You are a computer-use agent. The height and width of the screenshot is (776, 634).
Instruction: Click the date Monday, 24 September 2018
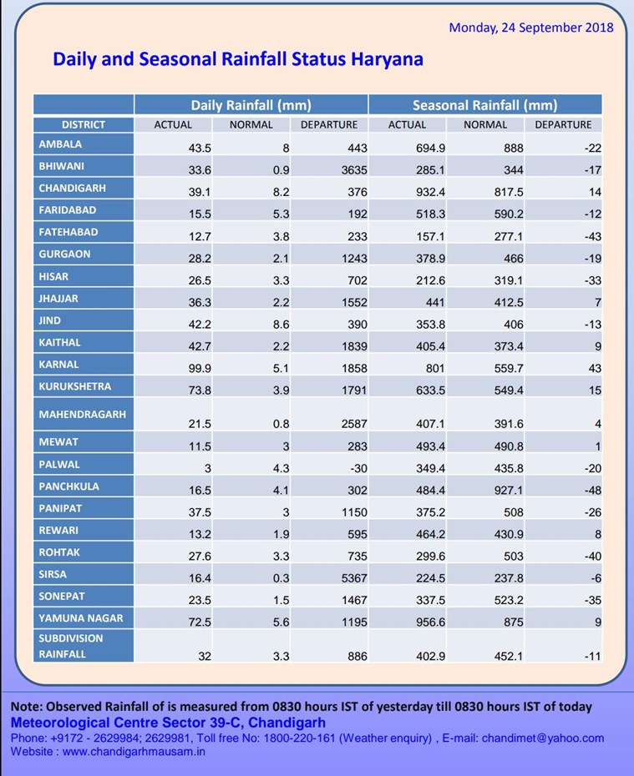click(531, 28)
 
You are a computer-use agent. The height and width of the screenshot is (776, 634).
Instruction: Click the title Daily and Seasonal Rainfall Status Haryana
click(238, 59)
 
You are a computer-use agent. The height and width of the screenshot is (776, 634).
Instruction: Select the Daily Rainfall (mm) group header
click(251, 105)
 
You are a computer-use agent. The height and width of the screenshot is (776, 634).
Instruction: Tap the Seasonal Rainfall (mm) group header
click(485, 105)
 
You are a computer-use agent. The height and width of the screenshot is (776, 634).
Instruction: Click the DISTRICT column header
click(84, 124)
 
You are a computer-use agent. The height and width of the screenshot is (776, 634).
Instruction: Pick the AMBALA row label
click(60, 144)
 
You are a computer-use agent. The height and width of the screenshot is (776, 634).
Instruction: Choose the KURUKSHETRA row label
click(75, 386)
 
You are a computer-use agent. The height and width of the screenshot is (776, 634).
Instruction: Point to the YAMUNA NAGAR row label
click(81, 618)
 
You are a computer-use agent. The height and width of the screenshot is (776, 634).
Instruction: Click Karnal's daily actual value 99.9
click(200, 368)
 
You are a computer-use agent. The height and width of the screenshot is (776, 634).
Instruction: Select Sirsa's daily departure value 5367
click(355, 578)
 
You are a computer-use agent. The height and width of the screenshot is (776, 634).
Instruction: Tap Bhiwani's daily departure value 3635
click(355, 169)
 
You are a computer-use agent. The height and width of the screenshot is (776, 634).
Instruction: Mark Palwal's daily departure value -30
click(358, 468)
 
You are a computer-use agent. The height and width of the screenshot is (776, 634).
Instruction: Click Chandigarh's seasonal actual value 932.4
click(430, 192)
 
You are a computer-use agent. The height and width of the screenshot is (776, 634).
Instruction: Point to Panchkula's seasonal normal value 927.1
click(509, 490)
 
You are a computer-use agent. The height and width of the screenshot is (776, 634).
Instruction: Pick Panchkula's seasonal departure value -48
click(593, 490)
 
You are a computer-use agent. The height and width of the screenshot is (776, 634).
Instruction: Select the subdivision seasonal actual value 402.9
click(430, 656)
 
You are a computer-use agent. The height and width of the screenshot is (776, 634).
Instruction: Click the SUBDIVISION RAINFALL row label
click(71, 646)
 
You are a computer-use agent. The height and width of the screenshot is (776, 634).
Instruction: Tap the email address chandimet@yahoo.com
click(543, 738)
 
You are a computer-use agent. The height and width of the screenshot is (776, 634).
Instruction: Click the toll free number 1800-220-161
click(299, 738)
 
